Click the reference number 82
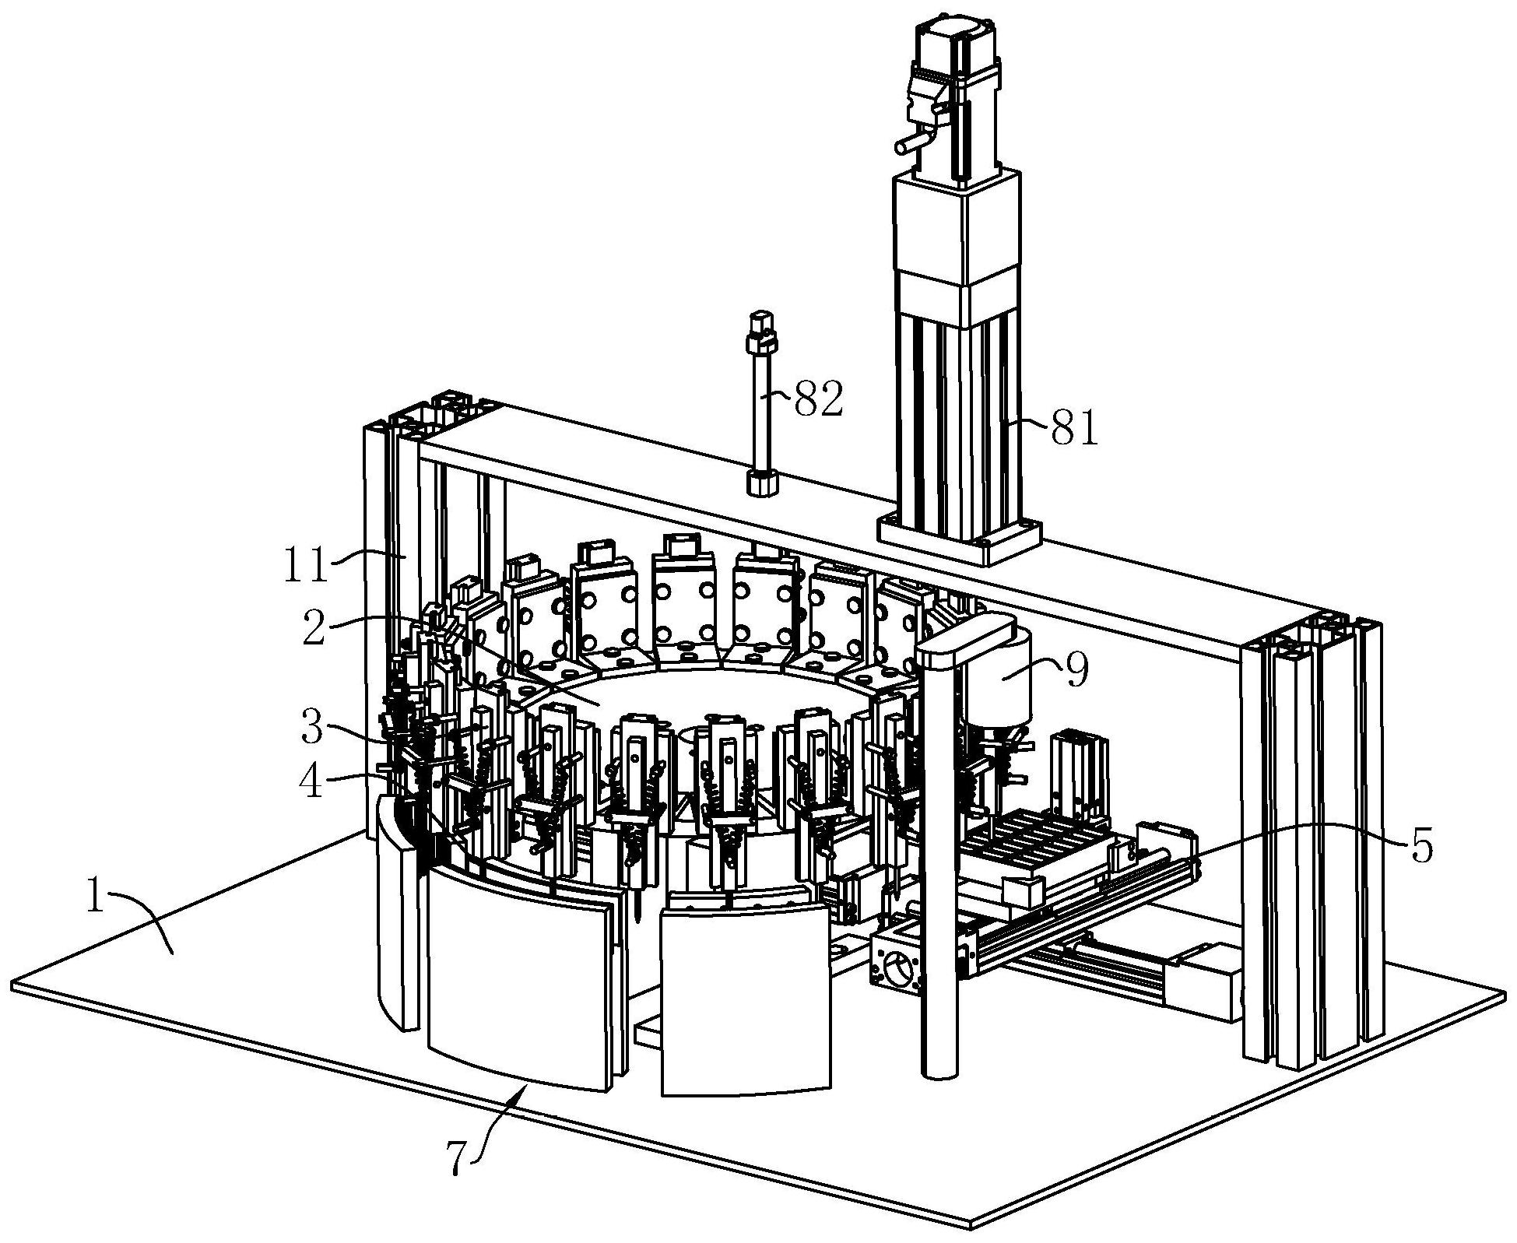click(x=818, y=400)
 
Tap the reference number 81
click(x=1074, y=428)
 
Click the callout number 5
click(x=1421, y=847)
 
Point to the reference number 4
click(x=311, y=781)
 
